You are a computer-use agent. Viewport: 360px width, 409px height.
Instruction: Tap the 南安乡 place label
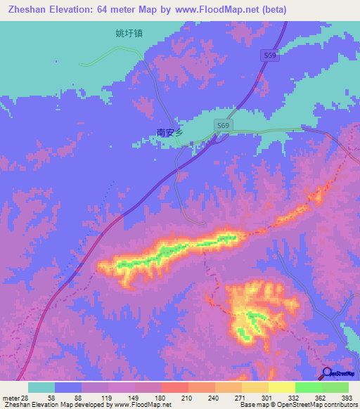pyautogui.click(x=169, y=132)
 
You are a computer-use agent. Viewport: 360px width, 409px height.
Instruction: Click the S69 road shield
pyautogui.click(x=223, y=125)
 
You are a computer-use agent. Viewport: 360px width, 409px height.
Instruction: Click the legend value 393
pyautogui.click(x=347, y=397)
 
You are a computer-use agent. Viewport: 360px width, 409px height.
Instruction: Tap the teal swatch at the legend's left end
pyautogui.click(x=41, y=387)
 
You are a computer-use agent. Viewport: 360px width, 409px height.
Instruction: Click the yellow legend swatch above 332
pyautogui.click(x=281, y=387)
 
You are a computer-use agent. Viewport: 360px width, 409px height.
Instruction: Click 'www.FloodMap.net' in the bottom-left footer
pyautogui.click(x=142, y=405)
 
